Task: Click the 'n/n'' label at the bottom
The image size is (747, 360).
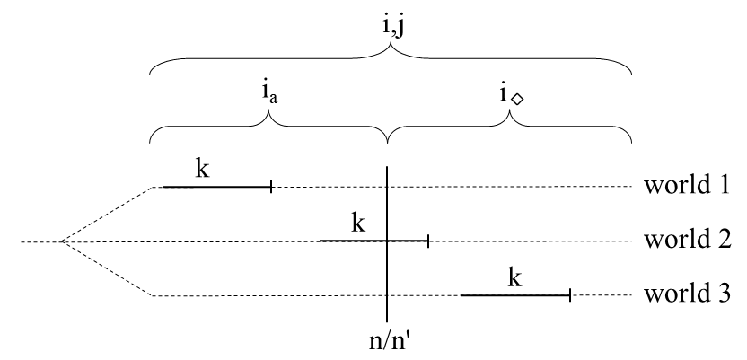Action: click(x=387, y=340)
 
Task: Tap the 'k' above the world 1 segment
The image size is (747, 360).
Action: click(x=203, y=169)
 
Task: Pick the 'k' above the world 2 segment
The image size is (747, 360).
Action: click(x=359, y=223)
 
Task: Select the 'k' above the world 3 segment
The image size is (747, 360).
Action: click(x=514, y=277)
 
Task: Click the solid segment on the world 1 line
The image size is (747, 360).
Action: click(x=215, y=187)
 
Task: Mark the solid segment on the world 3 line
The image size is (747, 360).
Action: click(x=515, y=294)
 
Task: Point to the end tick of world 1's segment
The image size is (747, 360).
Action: click(x=271, y=187)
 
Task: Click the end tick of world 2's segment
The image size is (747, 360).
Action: click(x=428, y=241)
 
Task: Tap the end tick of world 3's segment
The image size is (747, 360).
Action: click(x=570, y=294)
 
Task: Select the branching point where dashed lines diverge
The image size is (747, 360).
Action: click(x=60, y=241)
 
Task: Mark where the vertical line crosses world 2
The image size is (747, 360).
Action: click(x=387, y=241)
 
